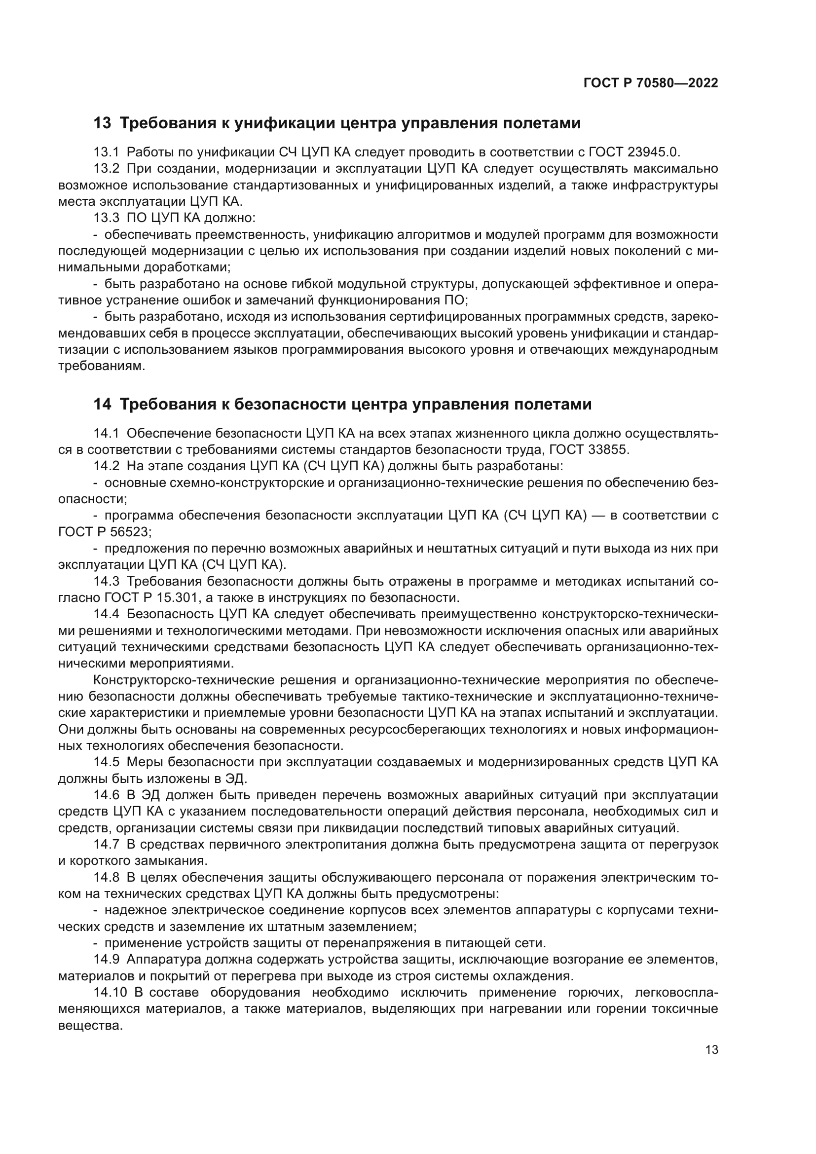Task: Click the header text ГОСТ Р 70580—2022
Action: pos(651,83)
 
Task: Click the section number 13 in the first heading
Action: pos(103,123)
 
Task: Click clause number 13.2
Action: pos(107,169)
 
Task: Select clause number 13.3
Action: pos(107,218)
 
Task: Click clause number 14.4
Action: pos(107,614)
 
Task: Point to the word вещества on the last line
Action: pos(90,1026)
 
